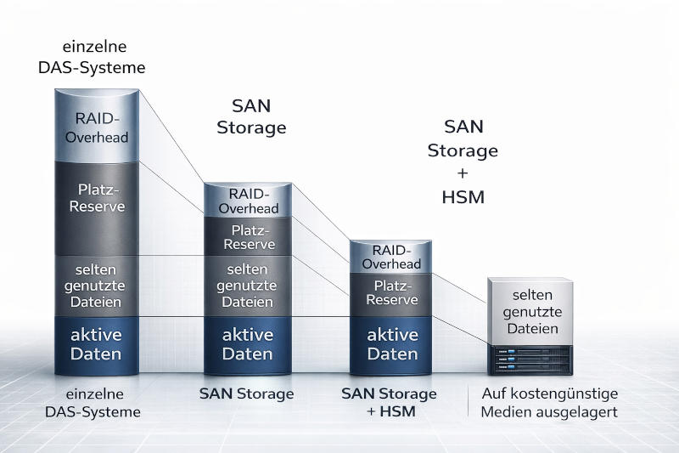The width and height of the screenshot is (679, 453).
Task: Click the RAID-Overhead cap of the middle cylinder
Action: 248,200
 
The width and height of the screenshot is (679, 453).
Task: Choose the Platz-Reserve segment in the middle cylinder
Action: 248,237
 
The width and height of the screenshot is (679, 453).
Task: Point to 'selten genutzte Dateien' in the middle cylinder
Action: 248,286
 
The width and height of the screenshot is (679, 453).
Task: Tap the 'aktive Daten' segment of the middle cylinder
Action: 248,344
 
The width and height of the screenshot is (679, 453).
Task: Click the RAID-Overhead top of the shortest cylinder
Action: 390,257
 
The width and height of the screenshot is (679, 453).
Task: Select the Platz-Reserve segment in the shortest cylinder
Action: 390,293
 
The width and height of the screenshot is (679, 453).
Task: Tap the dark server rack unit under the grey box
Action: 530,359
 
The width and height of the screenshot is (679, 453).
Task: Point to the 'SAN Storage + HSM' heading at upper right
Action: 463,161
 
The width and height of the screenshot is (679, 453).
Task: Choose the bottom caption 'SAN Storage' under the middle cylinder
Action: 246,394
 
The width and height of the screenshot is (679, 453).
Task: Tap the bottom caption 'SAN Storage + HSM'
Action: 389,403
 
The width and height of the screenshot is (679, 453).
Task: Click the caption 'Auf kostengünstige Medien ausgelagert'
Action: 549,403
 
